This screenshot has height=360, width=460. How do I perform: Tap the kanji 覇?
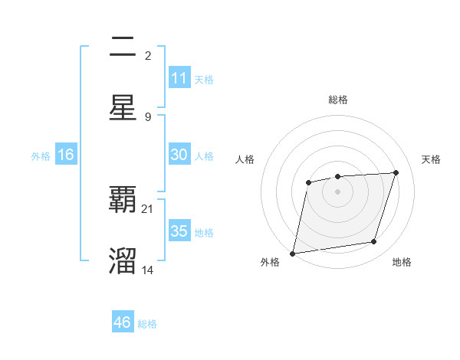click(123, 200)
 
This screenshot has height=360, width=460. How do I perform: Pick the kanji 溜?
click(123, 260)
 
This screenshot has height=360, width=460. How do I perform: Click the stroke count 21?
click(148, 208)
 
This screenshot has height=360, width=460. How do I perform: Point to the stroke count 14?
click(148, 269)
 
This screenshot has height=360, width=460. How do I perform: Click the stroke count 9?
click(148, 116)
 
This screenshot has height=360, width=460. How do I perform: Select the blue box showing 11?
click(179, 78)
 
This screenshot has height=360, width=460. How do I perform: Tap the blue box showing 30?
click(179, 155)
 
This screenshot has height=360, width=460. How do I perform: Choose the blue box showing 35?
click(179, 231)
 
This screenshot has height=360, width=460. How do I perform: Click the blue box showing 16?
click(66, 155)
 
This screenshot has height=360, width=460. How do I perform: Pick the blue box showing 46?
click(123, 322)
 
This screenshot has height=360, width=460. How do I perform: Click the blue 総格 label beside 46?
click(147, 324)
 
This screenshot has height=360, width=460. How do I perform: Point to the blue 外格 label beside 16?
click(41, 156)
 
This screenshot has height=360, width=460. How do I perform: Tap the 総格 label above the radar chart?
click(337, 100)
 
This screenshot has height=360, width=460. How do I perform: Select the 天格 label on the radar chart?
click(432, 159)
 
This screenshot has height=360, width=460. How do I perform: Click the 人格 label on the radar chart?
click(245, 159)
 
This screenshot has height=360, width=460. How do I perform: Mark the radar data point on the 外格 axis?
click(292, 254)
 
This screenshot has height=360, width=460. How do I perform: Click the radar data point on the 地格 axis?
click(374, 242)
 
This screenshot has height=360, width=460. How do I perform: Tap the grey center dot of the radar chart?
click(337, 191)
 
